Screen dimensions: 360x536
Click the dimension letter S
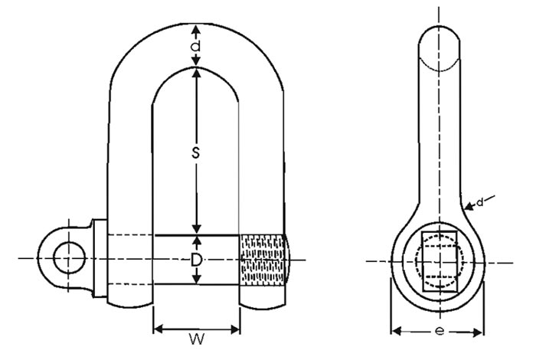196,153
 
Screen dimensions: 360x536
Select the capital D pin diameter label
197,260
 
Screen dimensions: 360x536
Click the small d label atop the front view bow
197,47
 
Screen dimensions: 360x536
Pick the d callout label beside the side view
479,202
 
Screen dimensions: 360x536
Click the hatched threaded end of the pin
264,258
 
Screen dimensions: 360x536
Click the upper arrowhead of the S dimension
197,74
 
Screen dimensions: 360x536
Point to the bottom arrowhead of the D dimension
197,280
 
